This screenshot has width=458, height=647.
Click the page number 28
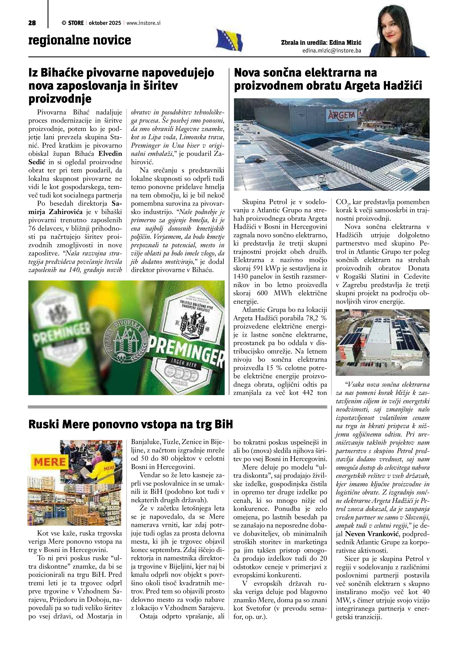(32, 23)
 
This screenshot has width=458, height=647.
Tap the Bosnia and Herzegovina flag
(229, 40)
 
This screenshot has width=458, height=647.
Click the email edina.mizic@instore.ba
(331, 51)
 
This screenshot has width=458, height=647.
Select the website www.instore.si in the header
(143, 23)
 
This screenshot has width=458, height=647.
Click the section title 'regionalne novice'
(80, 40)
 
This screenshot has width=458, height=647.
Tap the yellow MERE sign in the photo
(50, 462)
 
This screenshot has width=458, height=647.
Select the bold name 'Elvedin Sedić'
(75, 158)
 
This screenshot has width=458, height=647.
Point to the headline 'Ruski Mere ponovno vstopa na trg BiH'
(131, 424)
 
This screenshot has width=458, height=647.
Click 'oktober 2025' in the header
(105, 23)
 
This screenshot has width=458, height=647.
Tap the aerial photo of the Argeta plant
(382, 342)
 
